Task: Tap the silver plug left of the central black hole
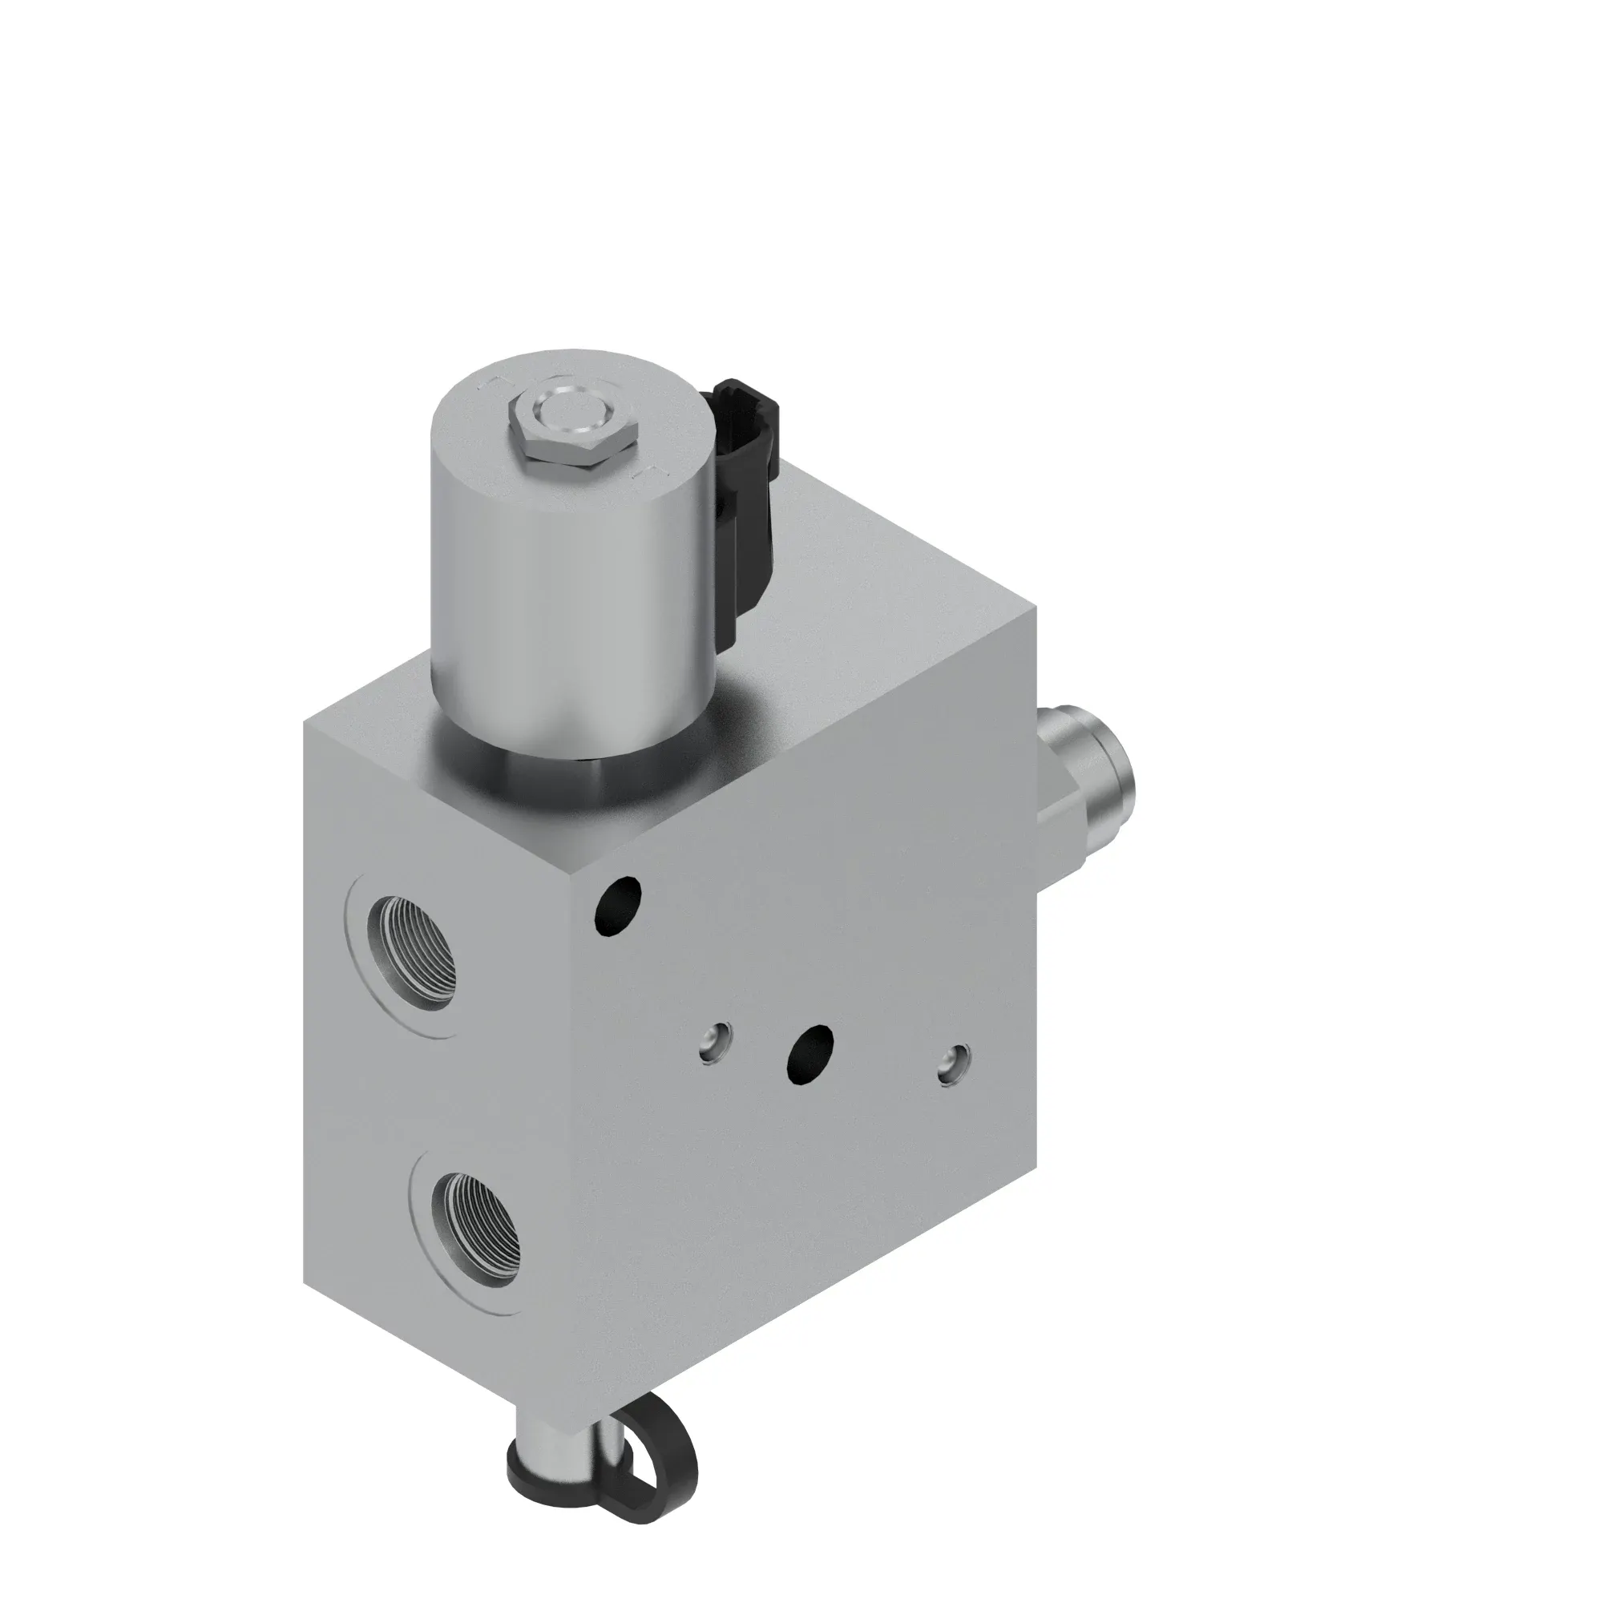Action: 715,1041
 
